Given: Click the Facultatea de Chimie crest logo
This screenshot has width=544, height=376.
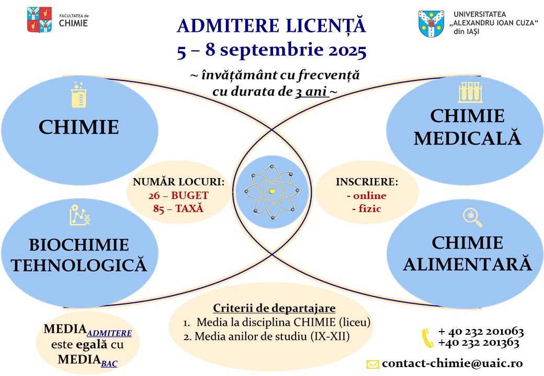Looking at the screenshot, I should click(39, 20).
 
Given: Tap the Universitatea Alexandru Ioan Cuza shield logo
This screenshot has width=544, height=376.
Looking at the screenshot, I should click(432, 24).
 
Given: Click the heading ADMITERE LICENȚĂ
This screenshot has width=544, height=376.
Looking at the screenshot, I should click(271, 25).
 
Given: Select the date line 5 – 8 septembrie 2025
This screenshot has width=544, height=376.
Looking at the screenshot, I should click(271, 51).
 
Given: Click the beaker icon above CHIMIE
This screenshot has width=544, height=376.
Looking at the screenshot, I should click(78, 96).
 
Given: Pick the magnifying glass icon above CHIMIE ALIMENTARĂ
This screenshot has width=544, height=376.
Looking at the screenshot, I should click(472, 217).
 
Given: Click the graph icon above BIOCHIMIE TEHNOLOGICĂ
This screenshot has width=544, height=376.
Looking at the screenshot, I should click(77, 216).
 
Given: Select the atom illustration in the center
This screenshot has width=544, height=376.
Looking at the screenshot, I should click(271, 192).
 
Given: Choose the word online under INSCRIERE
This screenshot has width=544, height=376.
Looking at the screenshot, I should click(366, 196).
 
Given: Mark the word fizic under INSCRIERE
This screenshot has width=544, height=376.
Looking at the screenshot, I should click(366, 209).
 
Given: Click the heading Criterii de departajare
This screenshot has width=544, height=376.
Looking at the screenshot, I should click(274, 308).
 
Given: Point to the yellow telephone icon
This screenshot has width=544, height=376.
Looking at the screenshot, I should click(428, 337).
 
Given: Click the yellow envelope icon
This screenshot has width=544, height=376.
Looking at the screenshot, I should click(372, 364).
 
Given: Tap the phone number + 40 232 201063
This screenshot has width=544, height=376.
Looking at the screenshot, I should click(481, 332).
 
